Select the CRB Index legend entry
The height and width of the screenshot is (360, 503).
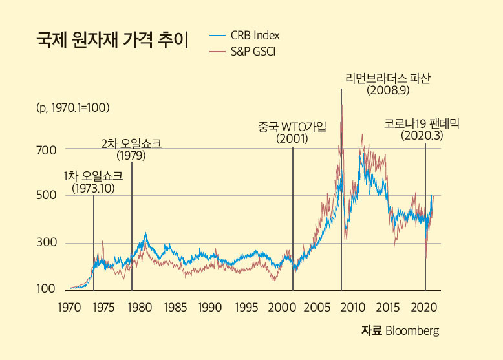255,35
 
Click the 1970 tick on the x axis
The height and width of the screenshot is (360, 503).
69,306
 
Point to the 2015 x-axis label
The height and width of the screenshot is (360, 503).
387,306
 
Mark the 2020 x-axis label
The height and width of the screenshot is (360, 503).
423,306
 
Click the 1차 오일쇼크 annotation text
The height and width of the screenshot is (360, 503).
93,176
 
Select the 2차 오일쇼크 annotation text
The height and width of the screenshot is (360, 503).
131,143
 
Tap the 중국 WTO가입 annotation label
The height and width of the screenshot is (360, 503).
292,127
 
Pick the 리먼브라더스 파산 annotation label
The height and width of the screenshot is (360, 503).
388,78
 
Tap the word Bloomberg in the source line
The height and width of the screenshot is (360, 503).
412,331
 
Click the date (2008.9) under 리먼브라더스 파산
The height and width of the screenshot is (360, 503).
388,90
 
